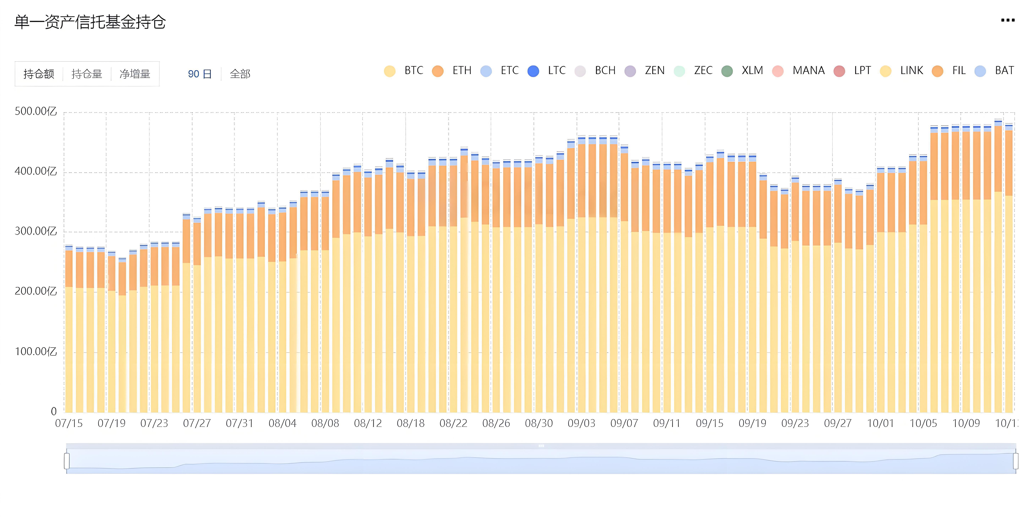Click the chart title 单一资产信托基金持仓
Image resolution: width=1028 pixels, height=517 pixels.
click(90, 22)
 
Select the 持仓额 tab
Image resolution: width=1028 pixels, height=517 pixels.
click(39, 74)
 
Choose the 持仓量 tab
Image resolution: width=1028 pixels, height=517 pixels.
click(87, 74)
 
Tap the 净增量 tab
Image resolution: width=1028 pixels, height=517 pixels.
click(135, 74)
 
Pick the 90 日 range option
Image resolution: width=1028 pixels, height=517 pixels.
click(199, 74)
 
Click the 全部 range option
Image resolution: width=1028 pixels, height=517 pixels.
click(240, 74)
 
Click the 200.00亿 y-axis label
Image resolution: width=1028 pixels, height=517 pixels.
click(36, 291)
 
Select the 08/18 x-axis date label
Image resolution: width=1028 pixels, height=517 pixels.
click(411, 423)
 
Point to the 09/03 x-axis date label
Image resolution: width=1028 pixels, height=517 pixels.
click(581, 423)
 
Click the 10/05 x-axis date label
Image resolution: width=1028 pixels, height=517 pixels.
click(923, 423)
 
